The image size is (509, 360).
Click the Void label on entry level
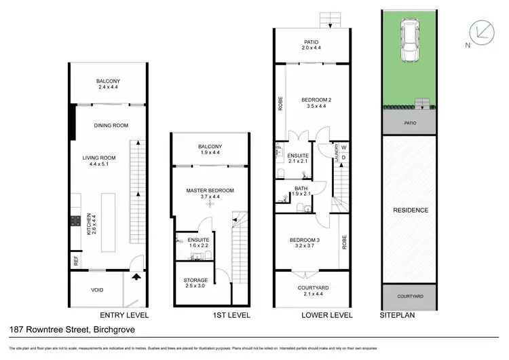(98, 290)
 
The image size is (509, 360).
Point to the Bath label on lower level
(301, 189)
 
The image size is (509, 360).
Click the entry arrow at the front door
(138, 276)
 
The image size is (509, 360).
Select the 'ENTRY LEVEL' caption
(124, 315)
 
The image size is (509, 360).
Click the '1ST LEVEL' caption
(214, 315)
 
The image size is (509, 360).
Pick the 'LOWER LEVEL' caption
(328, 315)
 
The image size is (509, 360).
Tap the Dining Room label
(111, 125)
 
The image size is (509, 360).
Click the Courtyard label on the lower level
(313, 287)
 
